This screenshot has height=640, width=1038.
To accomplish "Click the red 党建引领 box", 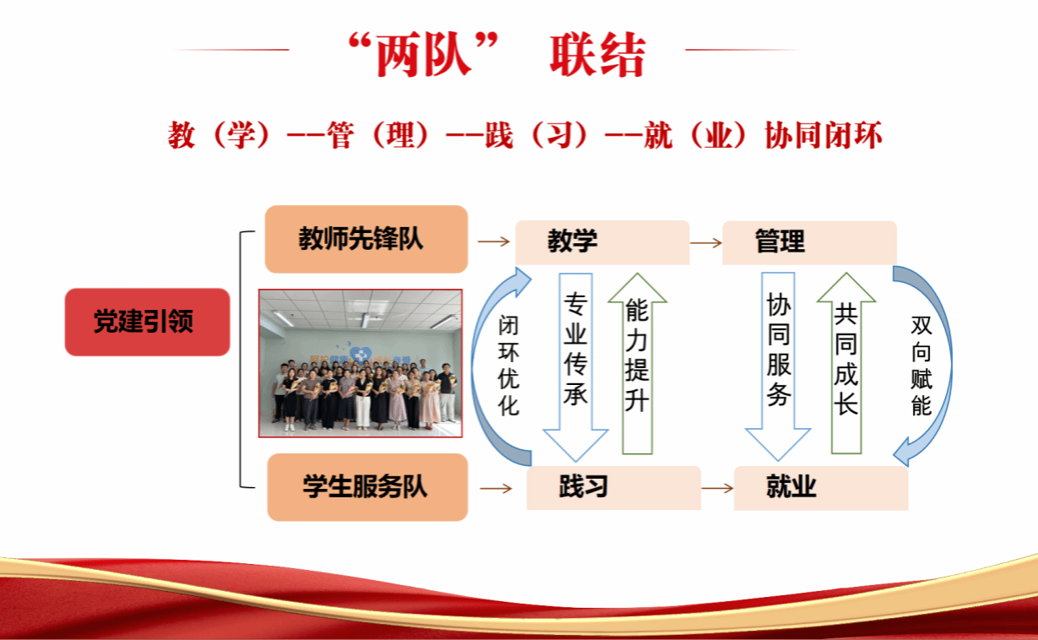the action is pyautogui.click(x=148, y=322).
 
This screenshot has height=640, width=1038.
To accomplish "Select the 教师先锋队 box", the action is pyautogui.click(x=366, y=239).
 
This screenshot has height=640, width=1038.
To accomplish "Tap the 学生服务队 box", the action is pyautogui.click(x=367, y=487).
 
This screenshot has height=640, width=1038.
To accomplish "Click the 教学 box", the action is pyautogui.click(x=603, y=242).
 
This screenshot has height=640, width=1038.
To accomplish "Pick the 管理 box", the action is pyautogui.click(x=809, y=242).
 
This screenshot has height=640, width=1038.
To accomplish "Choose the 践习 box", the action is pyautogui.click(x=614, y=487).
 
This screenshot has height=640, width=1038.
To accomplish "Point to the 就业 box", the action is pyautogui.click(x=820, y=488).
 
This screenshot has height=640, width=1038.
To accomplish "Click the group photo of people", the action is pyautogui.click(x=360, y=363).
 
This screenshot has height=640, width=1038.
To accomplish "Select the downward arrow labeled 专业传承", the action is pyautogui.click(x=576, y=367).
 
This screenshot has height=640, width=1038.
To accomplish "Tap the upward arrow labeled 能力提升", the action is pyautogui.click(x=638, y=364).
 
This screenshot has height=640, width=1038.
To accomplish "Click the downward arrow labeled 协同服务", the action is pyautogui.click(x=778, y=366).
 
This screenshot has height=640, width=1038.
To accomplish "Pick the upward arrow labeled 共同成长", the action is pyautogui.click(x=846, y=363).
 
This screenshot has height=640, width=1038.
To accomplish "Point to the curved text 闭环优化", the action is pyautogui.click(x=508, y=366).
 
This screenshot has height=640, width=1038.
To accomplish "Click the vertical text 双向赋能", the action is pyautogui.click(x=922, y=366).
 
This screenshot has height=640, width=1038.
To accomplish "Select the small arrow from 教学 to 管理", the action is pyautogui.click(x=706, y=242).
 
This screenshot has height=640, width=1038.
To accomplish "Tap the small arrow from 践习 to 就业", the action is pyautogui.click(x=717, y=488).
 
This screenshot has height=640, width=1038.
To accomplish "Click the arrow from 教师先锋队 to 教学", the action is pyautogui.click(x=494, y=241).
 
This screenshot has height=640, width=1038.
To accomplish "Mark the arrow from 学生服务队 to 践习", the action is pyautogui.click(x=496, y=488).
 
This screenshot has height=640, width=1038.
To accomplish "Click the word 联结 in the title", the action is pyautogui.click(x=597, y=55).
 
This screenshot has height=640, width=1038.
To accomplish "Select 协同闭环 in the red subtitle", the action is pyautogui.click(x=824, y=135).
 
